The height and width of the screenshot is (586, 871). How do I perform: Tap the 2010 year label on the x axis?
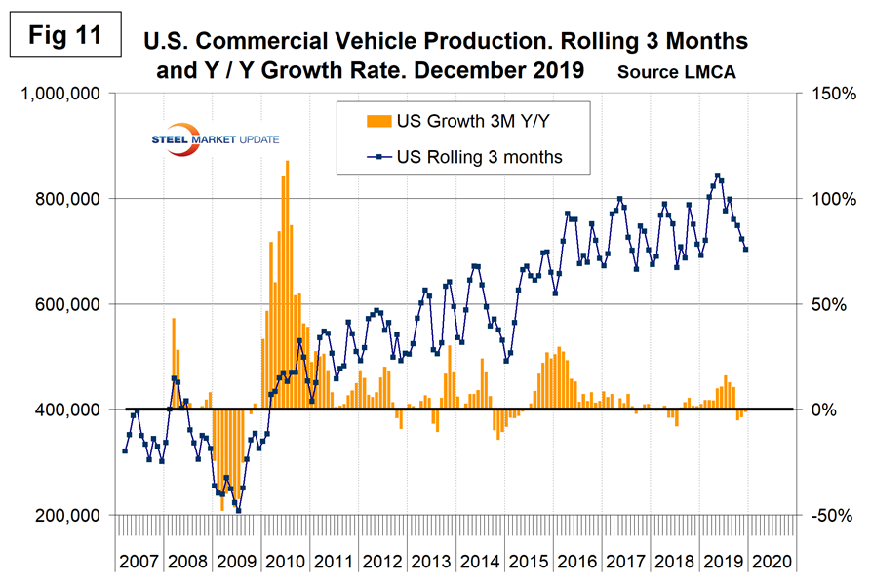289,564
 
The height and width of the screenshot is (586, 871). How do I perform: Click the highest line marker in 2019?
718,176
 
